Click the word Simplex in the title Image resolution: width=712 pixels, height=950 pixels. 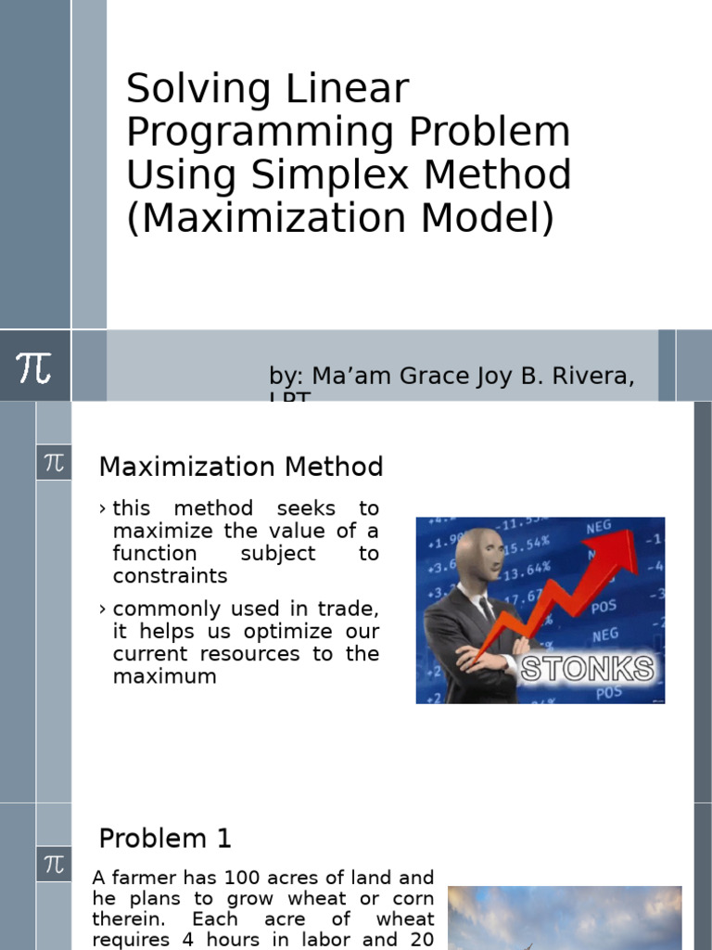click(x=342, y=175)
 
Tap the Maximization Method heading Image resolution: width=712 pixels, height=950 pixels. click(x=241, y=467)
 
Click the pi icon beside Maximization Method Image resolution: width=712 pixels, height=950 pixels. click(x=54, y=462)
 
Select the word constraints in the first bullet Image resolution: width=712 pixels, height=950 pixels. click(x=170, y=576)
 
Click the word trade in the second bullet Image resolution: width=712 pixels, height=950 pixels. click(x=350, y=610)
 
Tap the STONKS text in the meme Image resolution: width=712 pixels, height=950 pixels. click(x=586, y=668)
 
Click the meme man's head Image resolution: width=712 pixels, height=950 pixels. click(x=479, y=555)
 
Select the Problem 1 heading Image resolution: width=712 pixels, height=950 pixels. click(x=165, y=839)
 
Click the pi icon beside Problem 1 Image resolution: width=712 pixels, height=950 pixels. click(x=54, y=865)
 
